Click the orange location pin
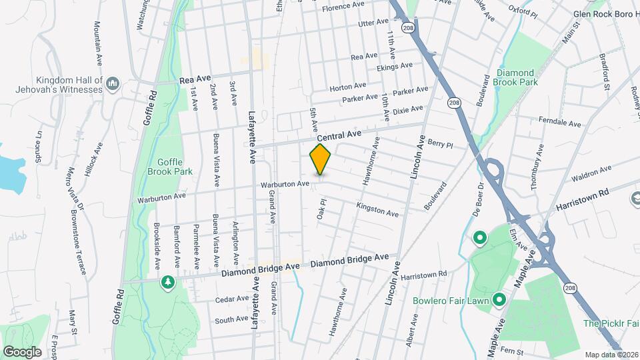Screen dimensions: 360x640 [x=321, y=159]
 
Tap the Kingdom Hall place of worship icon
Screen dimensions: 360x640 [x=112, y=83]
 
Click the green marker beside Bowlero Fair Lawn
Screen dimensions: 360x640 [x=498, y=300]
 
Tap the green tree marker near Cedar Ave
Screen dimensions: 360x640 [x=168, y=282]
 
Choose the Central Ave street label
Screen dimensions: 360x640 [x=339, y=136]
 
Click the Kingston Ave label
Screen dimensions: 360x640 [x=377, y=210]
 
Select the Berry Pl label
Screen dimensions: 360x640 [x=440, y=144]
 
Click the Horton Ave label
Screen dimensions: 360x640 [x=347, y=86]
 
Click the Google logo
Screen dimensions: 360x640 [x=21, y=351]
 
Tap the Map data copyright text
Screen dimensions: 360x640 [x=611, y=354]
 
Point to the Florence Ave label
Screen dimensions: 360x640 [x=343, y=9]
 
